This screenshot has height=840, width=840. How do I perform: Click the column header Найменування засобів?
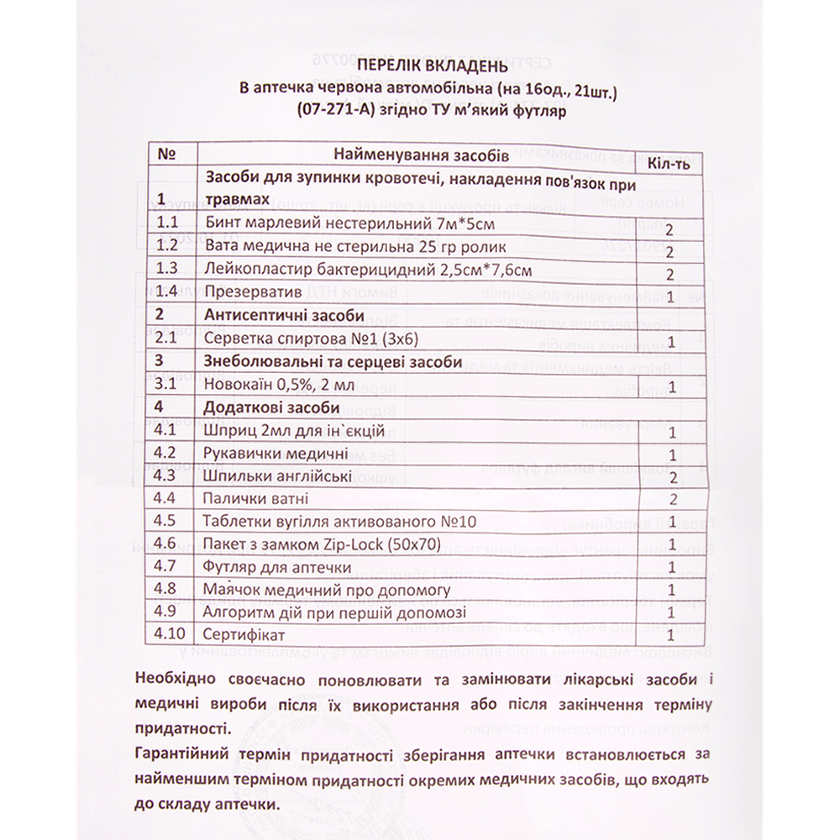click(420, 156)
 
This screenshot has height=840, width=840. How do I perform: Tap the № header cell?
click(165, 155)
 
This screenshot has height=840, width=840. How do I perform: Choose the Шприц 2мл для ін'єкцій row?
click(295, 431)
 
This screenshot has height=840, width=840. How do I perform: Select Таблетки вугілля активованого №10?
click(340, 520)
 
